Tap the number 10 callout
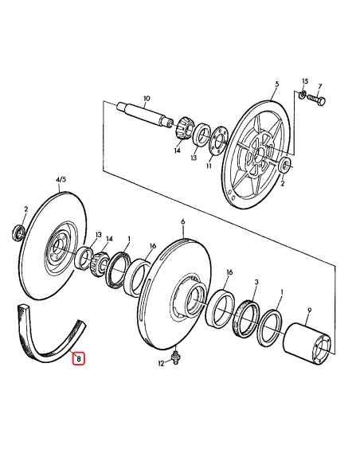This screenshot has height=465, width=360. pos(146,99)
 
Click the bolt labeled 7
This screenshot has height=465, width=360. pos(318,101)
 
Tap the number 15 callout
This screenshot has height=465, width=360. pos(303,81)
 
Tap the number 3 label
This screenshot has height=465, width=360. pos(256,283)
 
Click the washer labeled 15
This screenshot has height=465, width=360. pos(303,96)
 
